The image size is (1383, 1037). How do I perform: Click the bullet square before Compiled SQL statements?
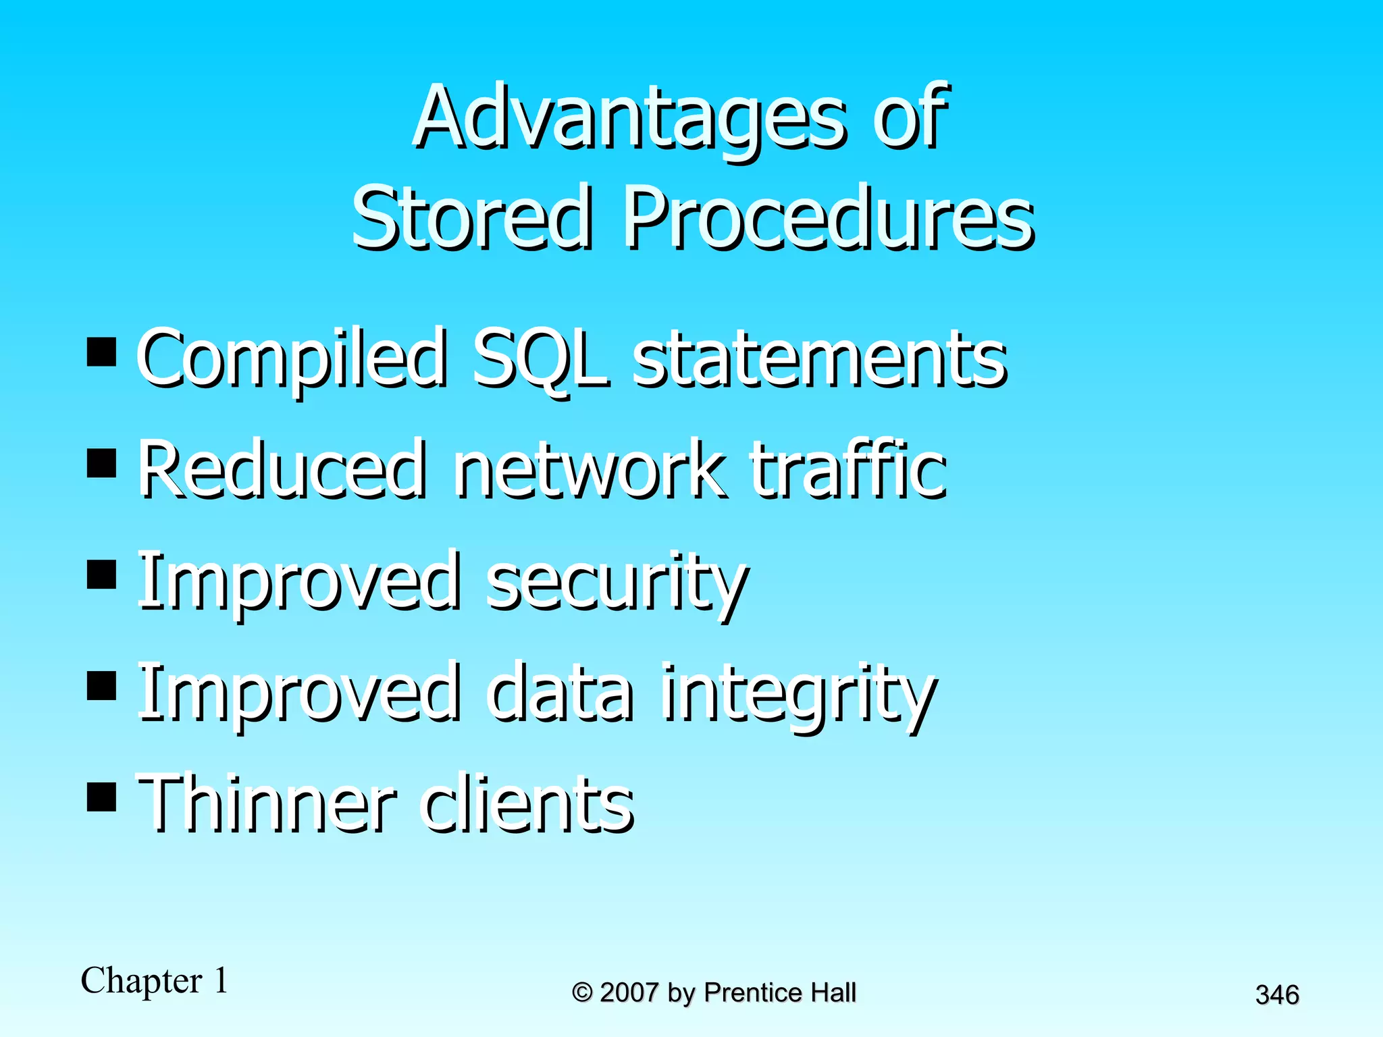coord(102,352)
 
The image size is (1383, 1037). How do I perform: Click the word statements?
coord(819,359)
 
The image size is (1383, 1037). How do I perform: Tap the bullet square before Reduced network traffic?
coord(102,464)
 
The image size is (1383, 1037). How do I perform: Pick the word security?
coord(616,582)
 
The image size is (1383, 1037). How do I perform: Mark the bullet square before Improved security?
coord(102,575)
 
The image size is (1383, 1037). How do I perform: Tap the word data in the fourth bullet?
coord(561,693)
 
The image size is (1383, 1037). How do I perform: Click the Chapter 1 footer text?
coord(155,981)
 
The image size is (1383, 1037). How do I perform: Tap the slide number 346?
coord(1277,994)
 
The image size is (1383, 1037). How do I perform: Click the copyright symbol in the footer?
coord(582,993)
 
